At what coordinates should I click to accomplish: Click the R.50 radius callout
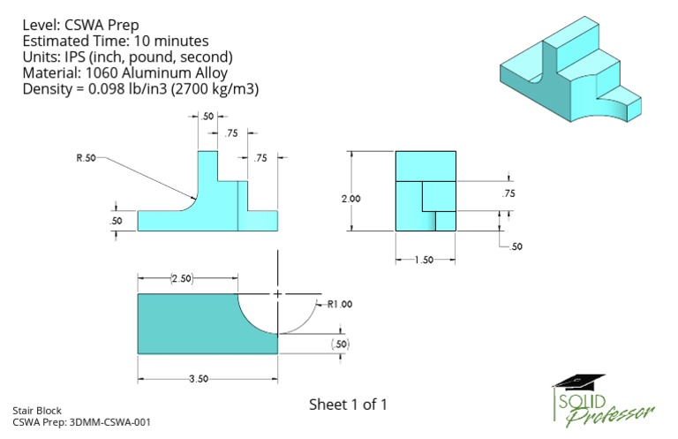pyautogui.click(x=86, y=158)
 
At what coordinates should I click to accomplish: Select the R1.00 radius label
pyautogui.click(x=340, y=304)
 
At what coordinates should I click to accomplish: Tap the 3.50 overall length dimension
pyautogui.click(x=199, y=379)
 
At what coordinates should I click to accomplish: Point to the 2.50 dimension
pyautogui.click(x=182, y=279)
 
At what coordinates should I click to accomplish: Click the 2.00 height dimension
pyautogui.click(x=350, y=199)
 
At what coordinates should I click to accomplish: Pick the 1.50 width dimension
pyautogui.click(x=426, y=260)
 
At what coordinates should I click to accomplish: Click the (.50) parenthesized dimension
pyautogui.click(x=340, y=343)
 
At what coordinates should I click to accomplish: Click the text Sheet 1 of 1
pyautogui.click(x=348, y=405)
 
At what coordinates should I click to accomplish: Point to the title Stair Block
pyautogui.click(x=34, y=411)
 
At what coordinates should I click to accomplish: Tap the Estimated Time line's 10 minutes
pyautogui.click(x=168, y=41)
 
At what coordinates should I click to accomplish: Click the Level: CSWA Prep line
pyautogui.click(x=80, y=25)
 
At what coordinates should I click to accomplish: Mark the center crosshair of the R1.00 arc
pyautogui.click(x=278, y=293)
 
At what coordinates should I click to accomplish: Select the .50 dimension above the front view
pyautogui.click(x=208, y=117)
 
